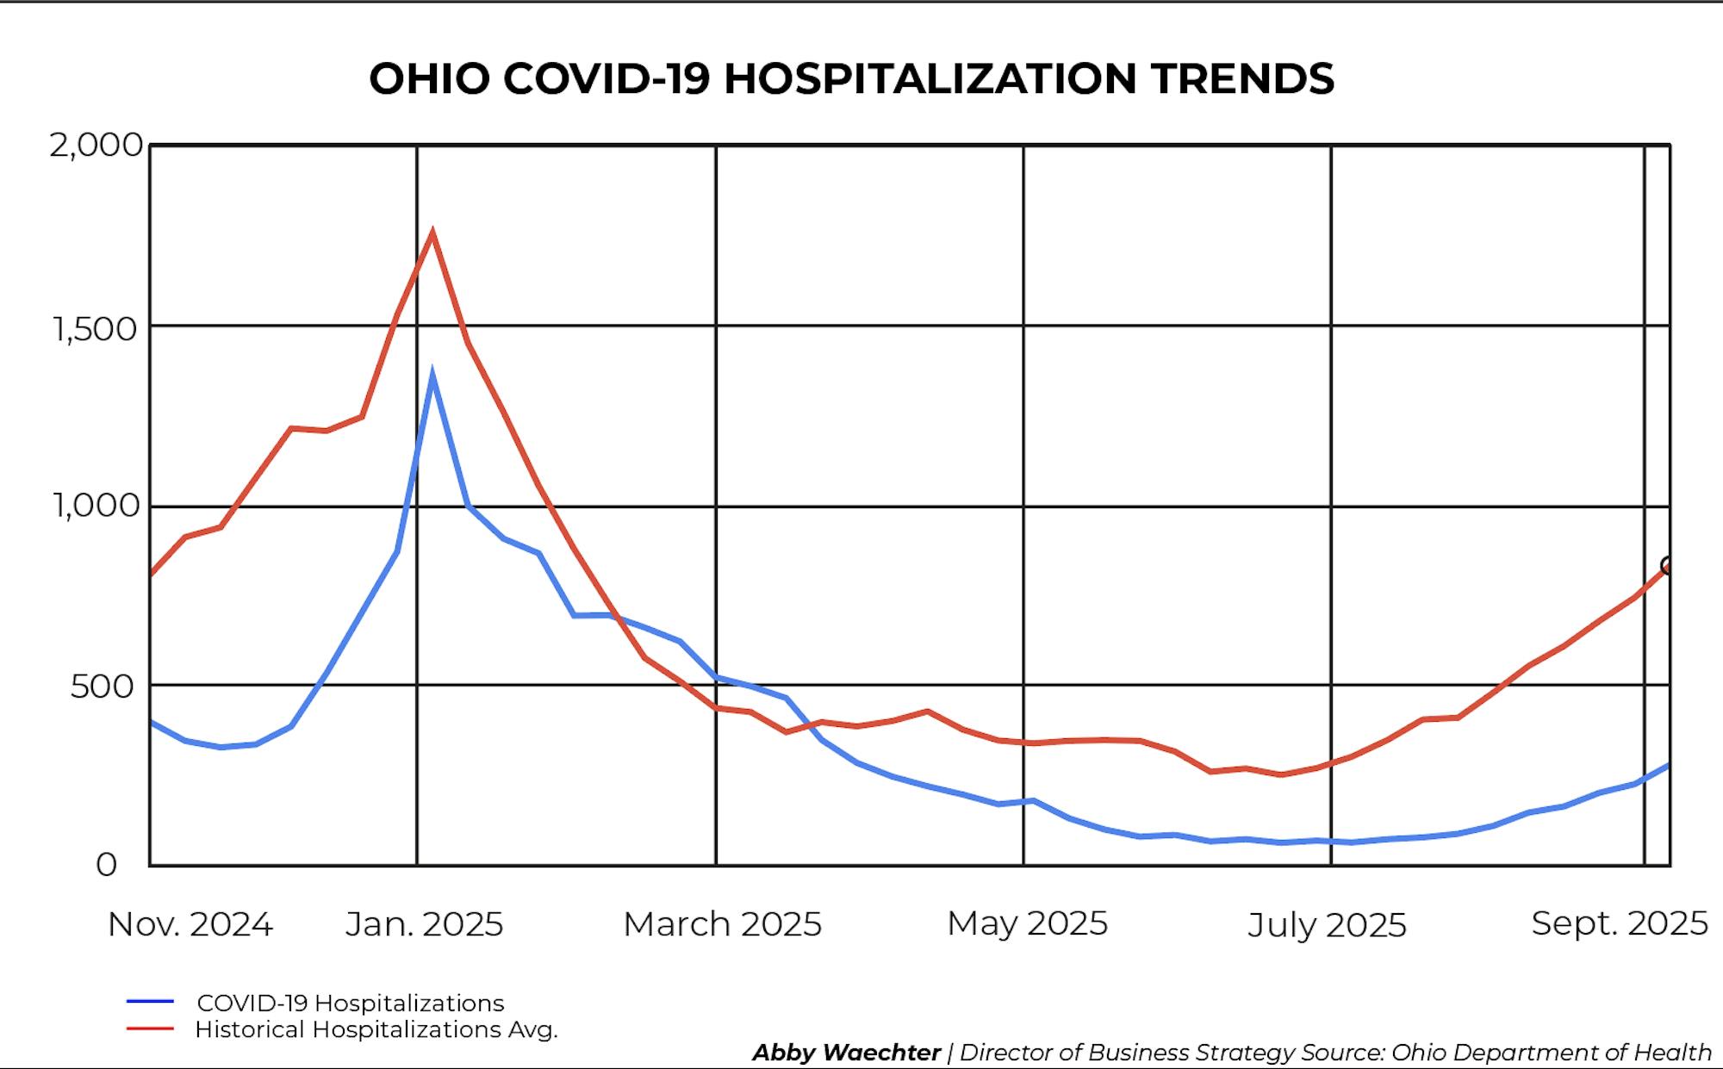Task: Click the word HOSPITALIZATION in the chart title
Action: click(930, 78)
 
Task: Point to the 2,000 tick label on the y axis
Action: click(96, 145)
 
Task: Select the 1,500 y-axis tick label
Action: click(95, 328)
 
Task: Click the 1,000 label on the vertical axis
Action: click(96, 505)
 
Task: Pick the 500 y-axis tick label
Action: click(103, 687)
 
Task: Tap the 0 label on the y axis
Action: click(106, 864)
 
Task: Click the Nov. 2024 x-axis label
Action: click(190, 924)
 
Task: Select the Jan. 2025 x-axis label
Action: click(424, 924)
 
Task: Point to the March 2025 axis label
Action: click(722, 924)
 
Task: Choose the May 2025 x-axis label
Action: click(1027, 923)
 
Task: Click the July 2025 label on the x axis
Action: click(1327, 925)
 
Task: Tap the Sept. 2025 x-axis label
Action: click(1619, 923)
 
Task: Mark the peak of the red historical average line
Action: click(432, 232)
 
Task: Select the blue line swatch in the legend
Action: click(150, 1002)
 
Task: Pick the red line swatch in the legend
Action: click(150, 1029)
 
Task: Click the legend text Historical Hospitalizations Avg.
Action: click(376, 1029)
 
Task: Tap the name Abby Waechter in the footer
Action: click(846, 1053)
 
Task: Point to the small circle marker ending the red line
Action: click(1668, 566)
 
